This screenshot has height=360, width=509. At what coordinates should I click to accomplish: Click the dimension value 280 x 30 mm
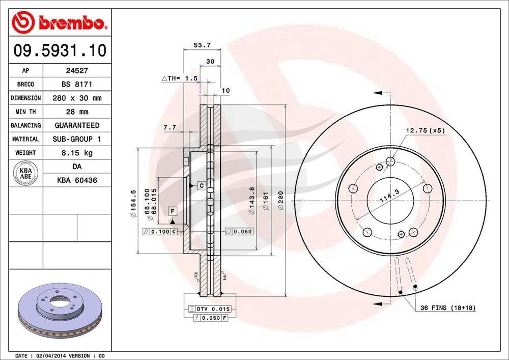(77, 98)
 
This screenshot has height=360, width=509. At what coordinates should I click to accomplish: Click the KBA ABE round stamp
(25, 173)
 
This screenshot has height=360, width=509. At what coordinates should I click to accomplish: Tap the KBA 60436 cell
(77, 180)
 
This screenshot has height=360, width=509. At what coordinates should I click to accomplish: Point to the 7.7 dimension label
(170, 128)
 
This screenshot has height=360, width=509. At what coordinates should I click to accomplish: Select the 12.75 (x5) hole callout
(425, 130)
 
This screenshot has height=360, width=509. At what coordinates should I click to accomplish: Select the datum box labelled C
(201, 185)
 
